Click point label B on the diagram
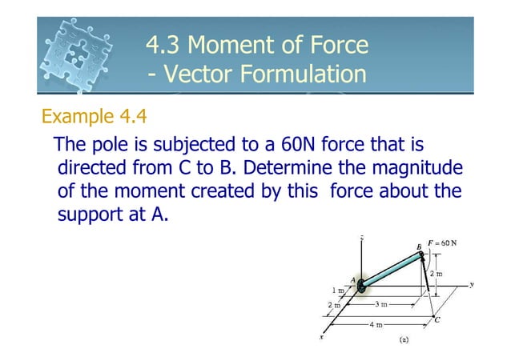pyautogui.click(x=418, y=246)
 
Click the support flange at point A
pyautogui.click(x=360, y=285)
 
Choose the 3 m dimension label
pyautogui.click(x=382, y=305)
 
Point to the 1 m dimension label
pyautogui.click(x=340, y=290)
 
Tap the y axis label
pyautogui.click(x=471, y=283)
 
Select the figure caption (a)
pyautogui.click(x=404, y=339)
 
